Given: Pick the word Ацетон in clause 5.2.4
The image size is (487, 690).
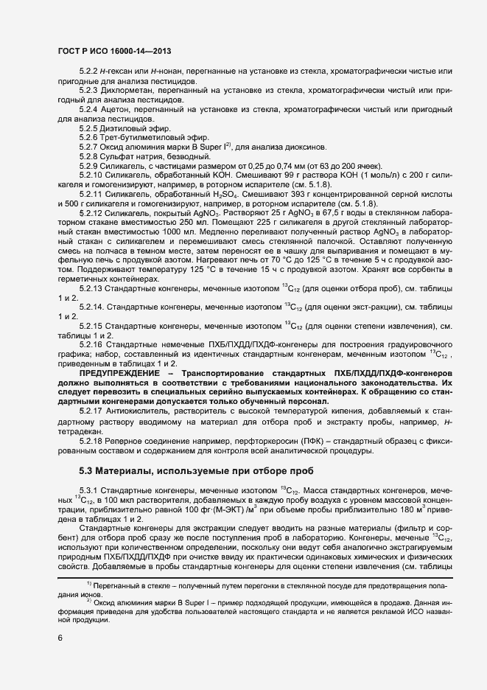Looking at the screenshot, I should click(116, 108).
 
